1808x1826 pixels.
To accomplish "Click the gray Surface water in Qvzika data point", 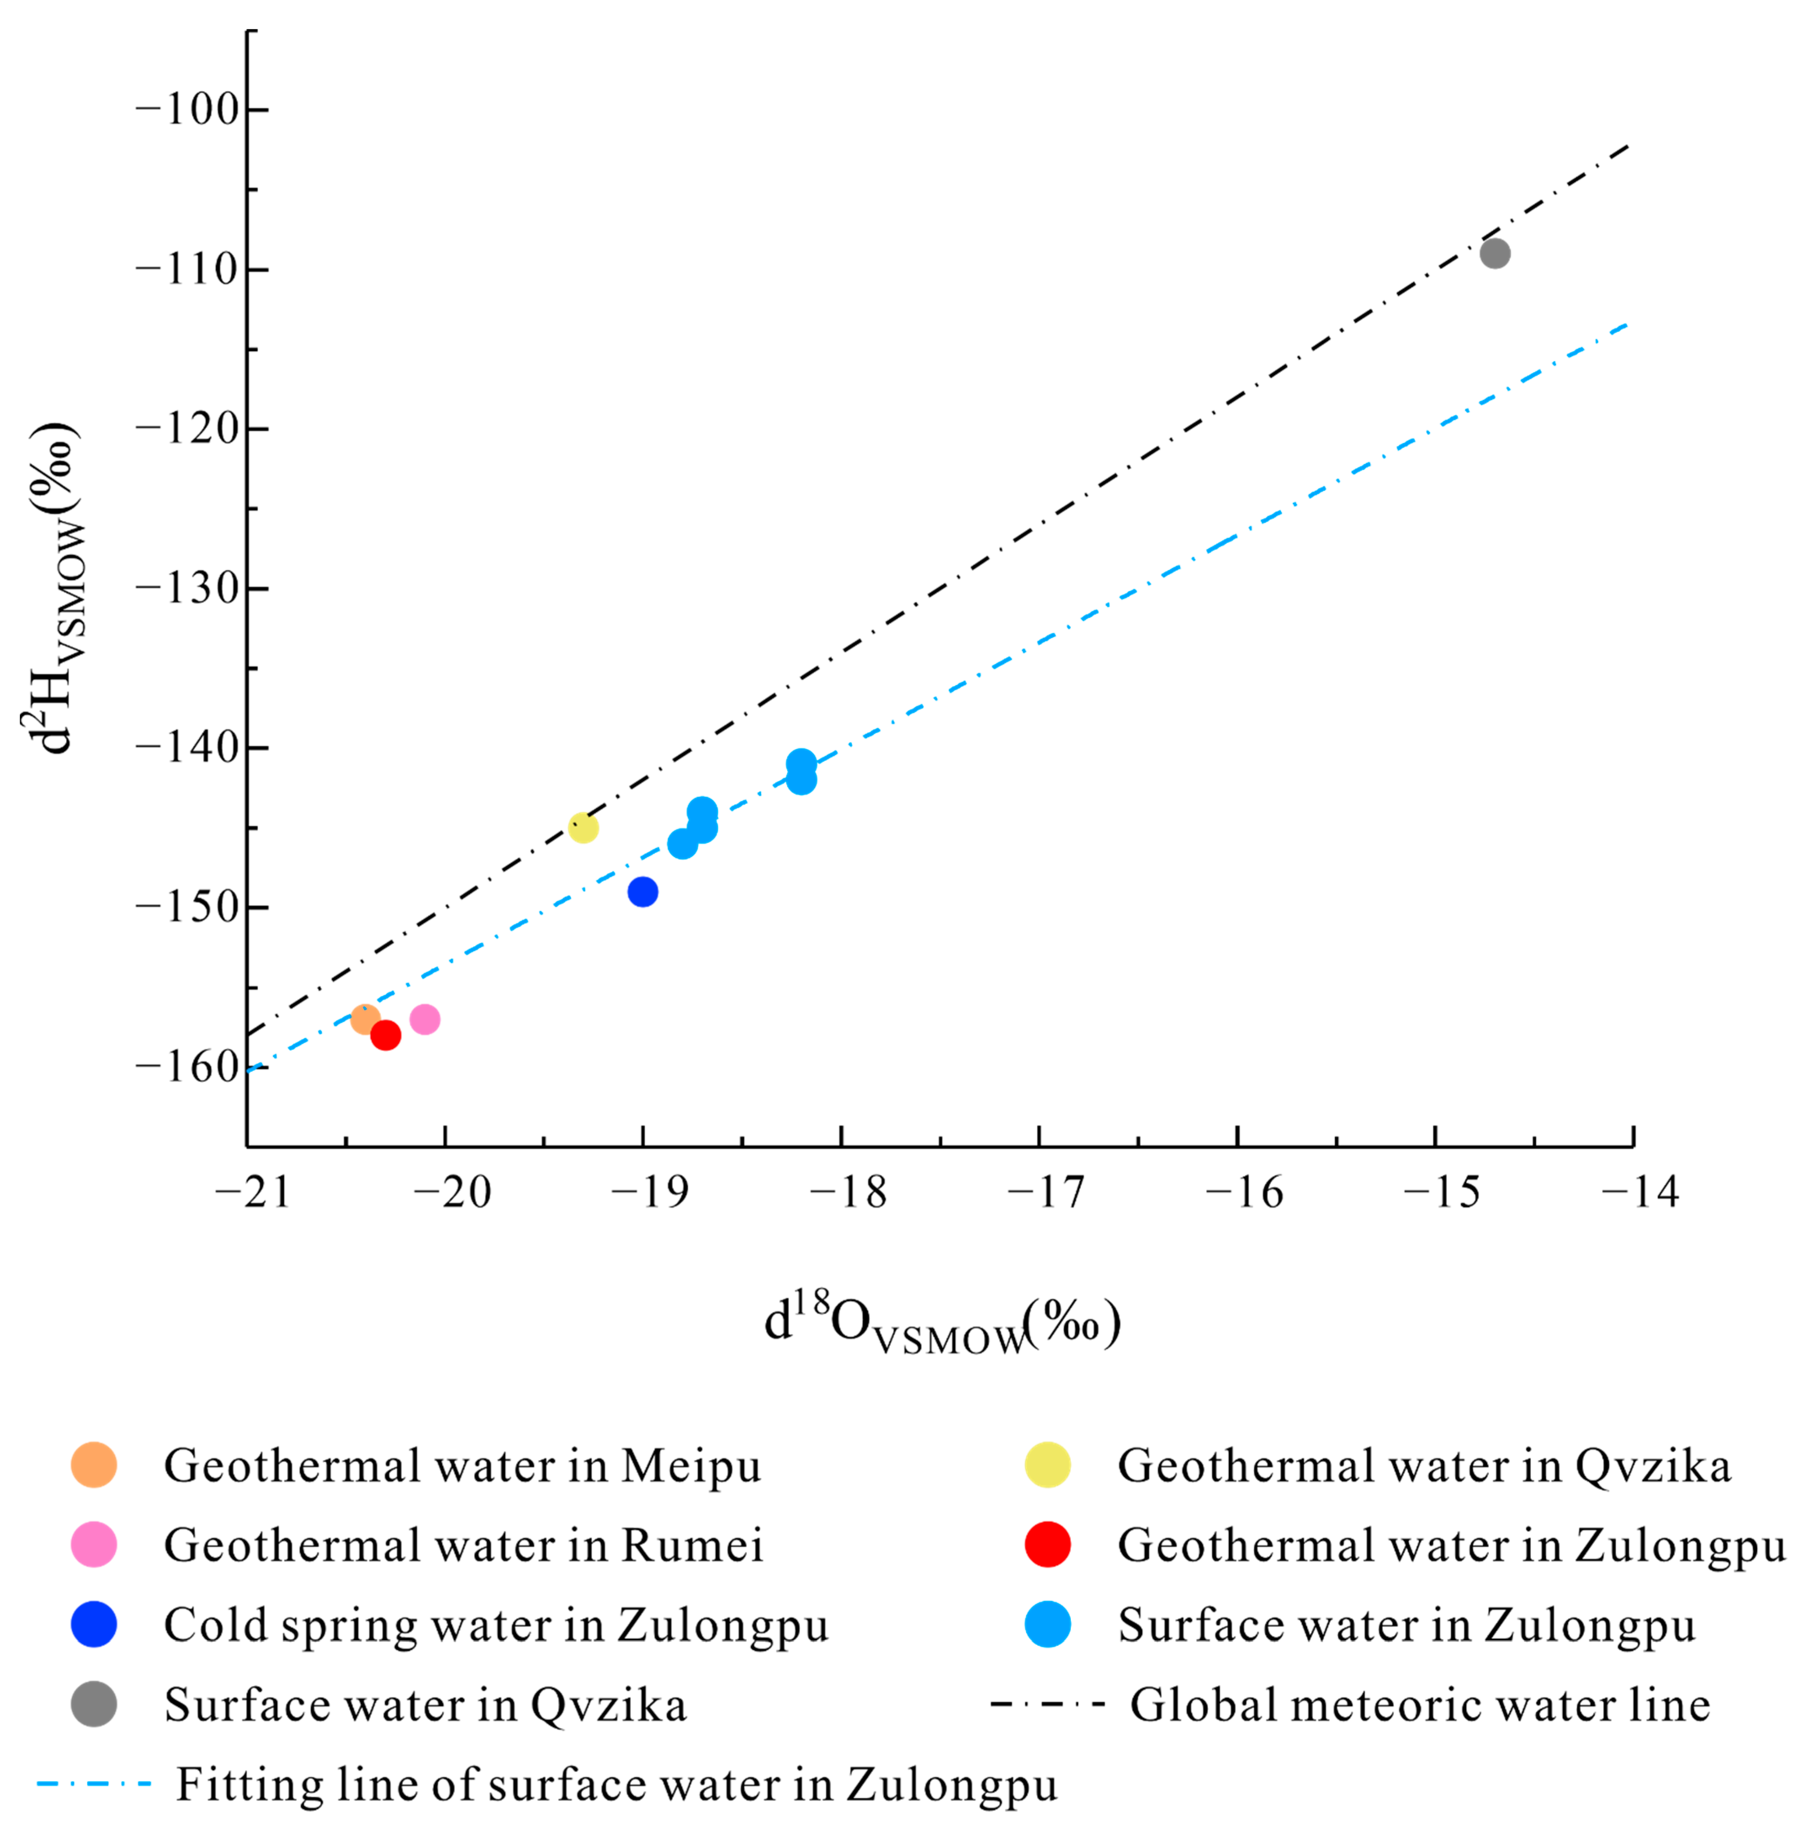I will [1494, 253].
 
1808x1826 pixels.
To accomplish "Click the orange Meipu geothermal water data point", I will [365, 1019].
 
